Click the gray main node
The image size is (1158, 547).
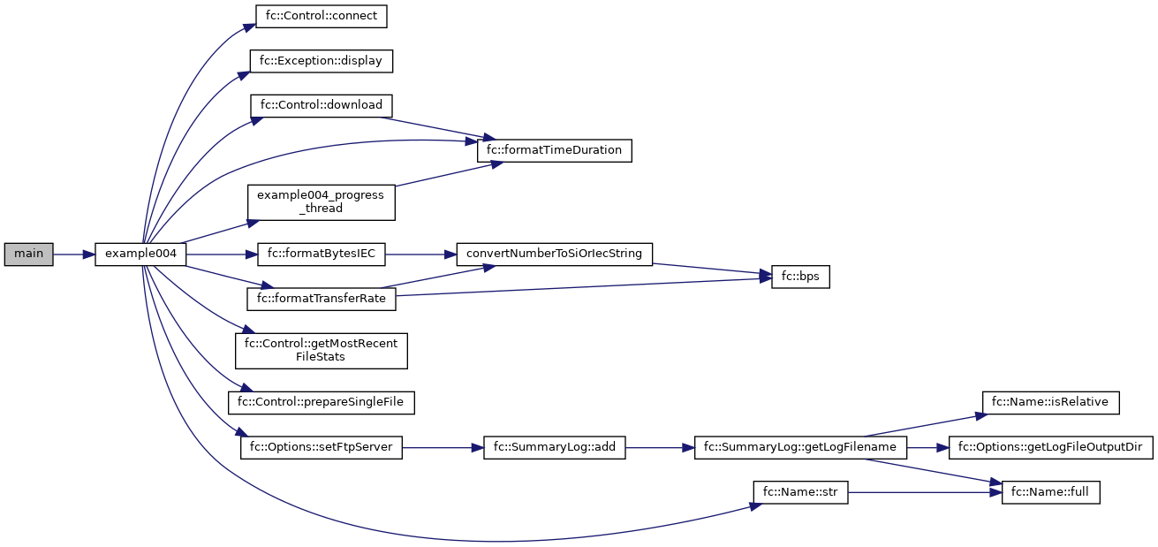pos(28,255)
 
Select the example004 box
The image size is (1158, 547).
pos(140,255)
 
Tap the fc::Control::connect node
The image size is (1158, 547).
pos(321,16)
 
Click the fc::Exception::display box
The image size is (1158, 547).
pos(321,61)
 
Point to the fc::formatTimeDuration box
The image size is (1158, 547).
pos(555,150)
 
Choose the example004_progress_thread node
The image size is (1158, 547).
pos(321,201)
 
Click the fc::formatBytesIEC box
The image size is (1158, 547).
pos(321,255)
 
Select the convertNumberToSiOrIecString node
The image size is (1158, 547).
pos(554,255)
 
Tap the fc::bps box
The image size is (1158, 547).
pos(800,277)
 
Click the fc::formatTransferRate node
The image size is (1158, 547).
pos(321,299)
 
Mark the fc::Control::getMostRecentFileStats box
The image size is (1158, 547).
pos(321,350)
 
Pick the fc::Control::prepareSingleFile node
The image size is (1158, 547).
pos(321,402)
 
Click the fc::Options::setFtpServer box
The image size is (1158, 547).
pos(321,448)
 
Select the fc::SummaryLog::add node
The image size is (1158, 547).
pos(554,448)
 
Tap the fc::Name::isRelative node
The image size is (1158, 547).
pos(1050,402)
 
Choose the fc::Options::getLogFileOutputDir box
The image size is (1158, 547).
pos(1050,448)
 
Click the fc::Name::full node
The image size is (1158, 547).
pos(1050,492)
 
